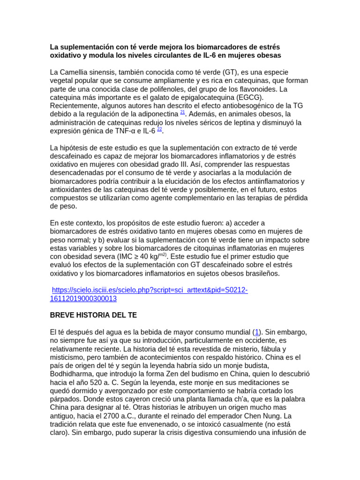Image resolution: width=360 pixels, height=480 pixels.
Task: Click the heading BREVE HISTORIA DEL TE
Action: pos(93,315)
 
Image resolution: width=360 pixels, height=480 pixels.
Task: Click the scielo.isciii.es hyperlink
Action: pos(150,290)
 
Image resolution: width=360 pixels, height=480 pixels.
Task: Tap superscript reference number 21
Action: pos(183,112)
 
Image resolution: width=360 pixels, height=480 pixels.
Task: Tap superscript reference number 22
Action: pos(159,129)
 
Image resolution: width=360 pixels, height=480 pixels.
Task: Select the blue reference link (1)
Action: pos(257,332)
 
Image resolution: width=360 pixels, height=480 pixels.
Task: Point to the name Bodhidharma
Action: pos(72,374)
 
